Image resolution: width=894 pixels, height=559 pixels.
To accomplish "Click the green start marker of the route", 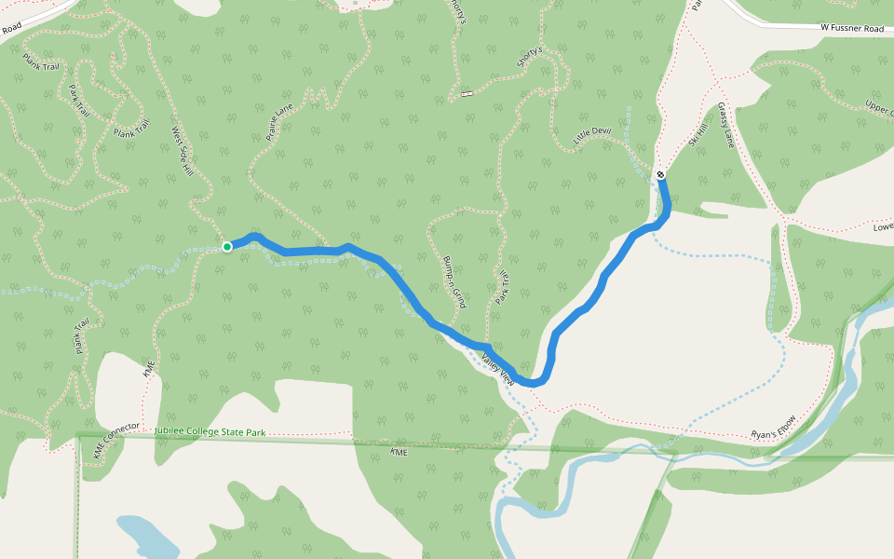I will pyautogui.click(x=227, y=247).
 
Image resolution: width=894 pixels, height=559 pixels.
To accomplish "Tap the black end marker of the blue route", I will pyautogui.click(x=660, y=174).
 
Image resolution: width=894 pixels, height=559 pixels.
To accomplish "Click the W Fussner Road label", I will pyautogui.click(x=851, y=29).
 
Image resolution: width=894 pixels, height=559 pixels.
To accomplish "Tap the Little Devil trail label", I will pyautogui.click(x=591, y=136).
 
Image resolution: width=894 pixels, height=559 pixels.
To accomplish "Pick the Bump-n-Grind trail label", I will pyautogui.click(x=454, y=281).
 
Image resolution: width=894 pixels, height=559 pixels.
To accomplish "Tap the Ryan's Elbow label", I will pyautogui.click(x=774, y=428).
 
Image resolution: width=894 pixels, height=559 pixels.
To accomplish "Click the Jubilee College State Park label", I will pyautogui.click(x=210, y=432).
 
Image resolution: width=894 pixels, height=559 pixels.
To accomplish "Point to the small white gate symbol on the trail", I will pyautogui.click(x=465, y=94).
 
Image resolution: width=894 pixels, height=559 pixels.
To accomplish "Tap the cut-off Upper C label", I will pyautogui.click(x=878, y=109).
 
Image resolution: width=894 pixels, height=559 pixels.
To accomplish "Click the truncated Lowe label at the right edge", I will pyautogui.click(x=883, y=226).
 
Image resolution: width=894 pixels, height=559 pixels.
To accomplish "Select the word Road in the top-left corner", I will pyautogui.click(x=11, y=29).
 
